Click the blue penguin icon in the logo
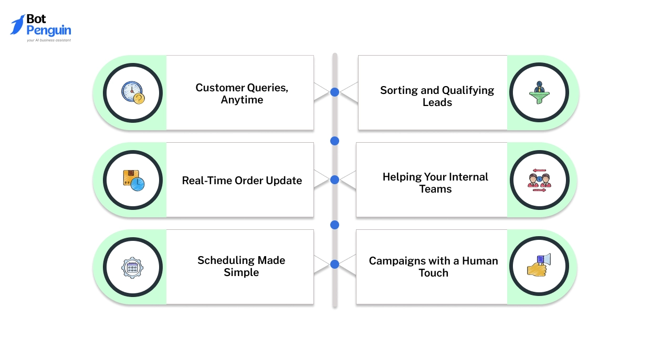tap(17, 25)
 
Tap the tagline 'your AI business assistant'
tap(49, 40)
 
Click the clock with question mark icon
tap(133, 92)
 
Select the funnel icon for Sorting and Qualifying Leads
tap(539, 92)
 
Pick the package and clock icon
tap(133, 180)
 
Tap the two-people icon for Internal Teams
tap(539, 180)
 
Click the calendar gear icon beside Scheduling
tap(132, 267)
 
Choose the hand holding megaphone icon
tap(539, 265)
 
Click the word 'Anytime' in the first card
tap(242, 100)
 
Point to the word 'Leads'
tap(437, 102)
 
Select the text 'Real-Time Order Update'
tap(242, 181)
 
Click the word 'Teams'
tap(435, 189)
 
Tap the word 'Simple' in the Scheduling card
tap(241, 272)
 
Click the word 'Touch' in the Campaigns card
tap(433, 273)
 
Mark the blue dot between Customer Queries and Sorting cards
tap(334, 92)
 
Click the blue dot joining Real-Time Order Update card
tap(334, 179)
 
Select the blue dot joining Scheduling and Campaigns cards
tap(334, 264)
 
